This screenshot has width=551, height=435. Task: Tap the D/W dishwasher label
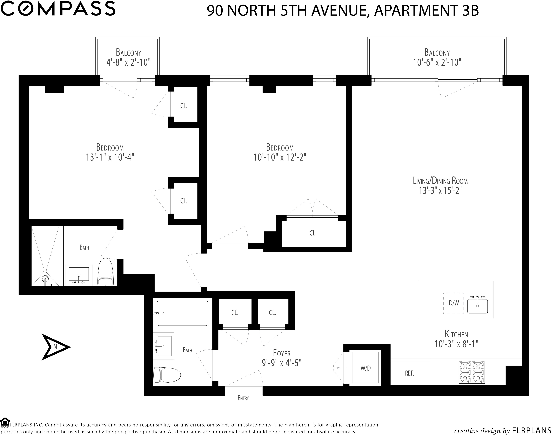(454, 303)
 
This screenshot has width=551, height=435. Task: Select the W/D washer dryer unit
(365, 368)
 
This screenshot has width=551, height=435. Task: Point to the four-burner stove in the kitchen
(472, 372)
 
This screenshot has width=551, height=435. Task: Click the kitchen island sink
(477, 306)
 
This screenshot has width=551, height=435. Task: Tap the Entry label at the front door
(243, 398)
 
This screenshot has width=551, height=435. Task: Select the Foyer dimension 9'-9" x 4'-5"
(281, 363)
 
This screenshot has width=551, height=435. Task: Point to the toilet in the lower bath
(167, 375)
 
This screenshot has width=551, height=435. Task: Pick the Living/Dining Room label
(440, 181)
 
